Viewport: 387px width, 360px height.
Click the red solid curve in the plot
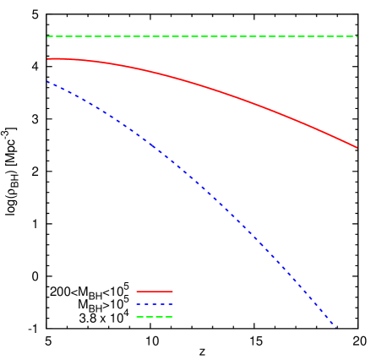tap(203, 86)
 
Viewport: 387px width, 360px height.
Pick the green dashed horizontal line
tap(203, 36)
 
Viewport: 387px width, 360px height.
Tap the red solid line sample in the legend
tap(155, 292)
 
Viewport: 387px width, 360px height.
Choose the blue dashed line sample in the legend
tap(155, 304)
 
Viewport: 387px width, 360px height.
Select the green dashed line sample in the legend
tap(155, 317)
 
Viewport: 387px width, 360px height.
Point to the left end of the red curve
tap(48, 59)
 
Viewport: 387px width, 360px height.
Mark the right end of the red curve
tap(357, 147)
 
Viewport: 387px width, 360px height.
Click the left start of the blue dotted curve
tap(48, 82)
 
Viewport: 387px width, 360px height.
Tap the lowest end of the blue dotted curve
tap(334, 324)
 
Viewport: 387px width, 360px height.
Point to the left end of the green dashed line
tap(48, 36)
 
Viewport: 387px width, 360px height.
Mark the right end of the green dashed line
tap(357, 36)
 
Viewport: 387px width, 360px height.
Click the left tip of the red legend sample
tap(137, 292)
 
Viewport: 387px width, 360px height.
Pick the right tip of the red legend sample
tap(172, 292)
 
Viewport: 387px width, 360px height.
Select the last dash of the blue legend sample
tap(170, 304)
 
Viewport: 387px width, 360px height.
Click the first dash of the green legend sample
tap(140, 317)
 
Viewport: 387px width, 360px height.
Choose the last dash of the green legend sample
tap(169, 317)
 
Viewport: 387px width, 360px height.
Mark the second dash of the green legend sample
tap(150, 317)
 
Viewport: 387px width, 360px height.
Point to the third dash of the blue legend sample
tap(155, 304)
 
